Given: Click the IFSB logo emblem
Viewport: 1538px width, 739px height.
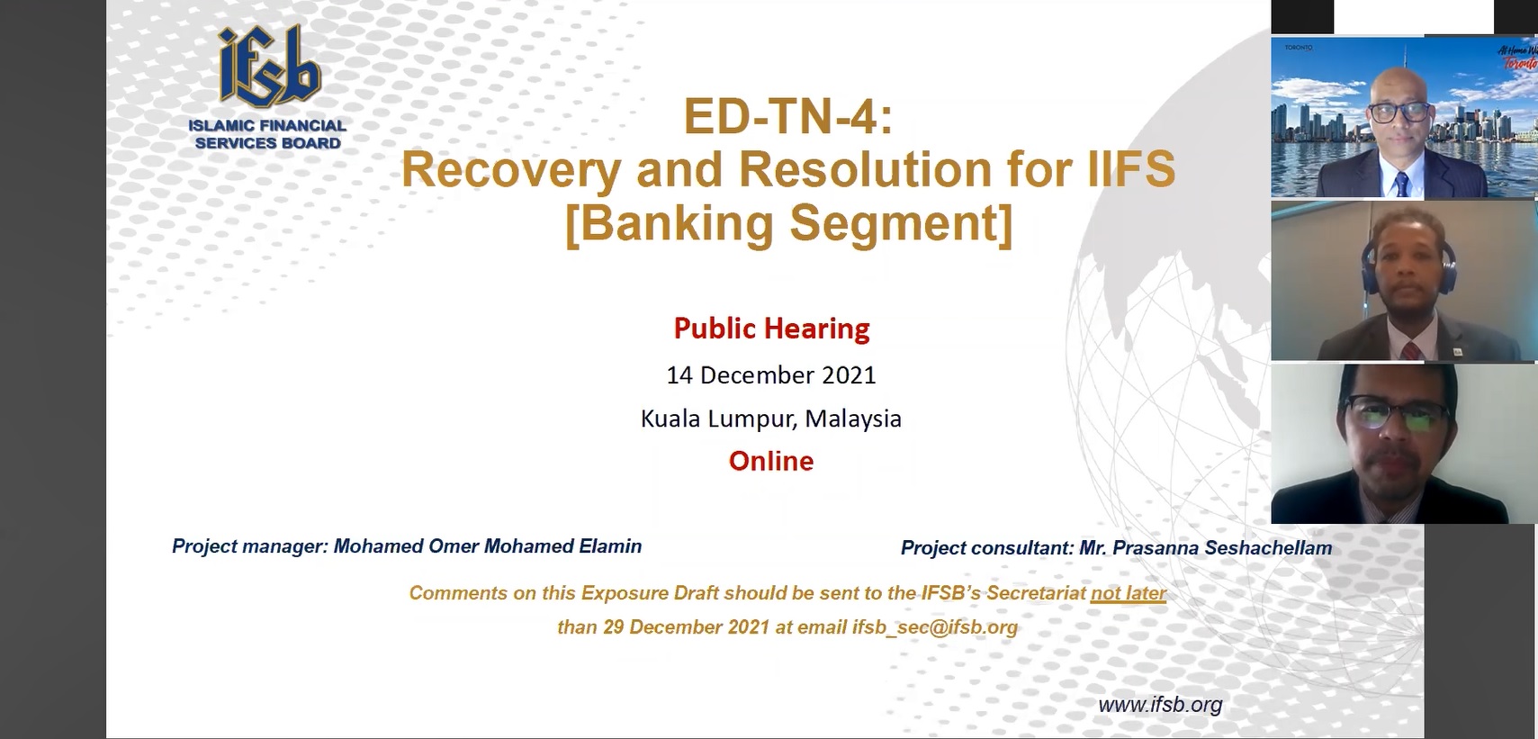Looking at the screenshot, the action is tap(269, 68).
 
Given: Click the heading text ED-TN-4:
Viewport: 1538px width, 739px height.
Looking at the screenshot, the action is tap(787, 117).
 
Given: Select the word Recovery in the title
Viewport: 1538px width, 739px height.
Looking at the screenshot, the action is tap(511, 170).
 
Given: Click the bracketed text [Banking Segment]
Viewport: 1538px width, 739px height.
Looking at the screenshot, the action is tap(788, 223).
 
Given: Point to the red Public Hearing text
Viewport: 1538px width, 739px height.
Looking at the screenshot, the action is tap(771, 329).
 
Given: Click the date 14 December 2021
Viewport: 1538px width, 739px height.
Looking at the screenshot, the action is tap(771, 375).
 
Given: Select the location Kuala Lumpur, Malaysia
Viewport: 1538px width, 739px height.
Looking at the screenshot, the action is tap(770, 419).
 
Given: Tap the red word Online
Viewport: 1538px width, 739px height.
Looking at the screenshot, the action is tap(771, 461).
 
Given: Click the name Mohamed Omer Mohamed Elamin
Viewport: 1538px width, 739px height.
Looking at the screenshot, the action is tap(488, 546).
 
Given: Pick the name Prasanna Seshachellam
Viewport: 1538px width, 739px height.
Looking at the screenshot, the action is tap(1222, 548).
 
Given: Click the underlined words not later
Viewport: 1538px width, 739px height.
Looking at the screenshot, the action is tap(1129, 592).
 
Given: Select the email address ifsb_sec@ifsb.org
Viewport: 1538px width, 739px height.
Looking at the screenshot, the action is tap(934, 627).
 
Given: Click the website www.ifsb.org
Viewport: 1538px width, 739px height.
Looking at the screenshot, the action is tap(1160, 705).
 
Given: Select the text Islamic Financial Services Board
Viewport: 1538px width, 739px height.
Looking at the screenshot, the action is tap(268, 135).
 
